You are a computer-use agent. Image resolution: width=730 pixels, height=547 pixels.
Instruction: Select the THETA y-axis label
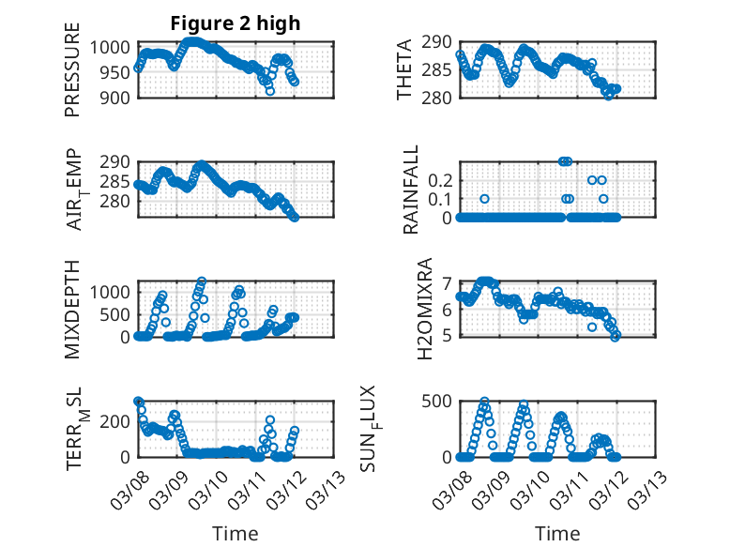405,70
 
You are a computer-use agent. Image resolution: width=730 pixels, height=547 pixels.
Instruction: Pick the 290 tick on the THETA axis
438,42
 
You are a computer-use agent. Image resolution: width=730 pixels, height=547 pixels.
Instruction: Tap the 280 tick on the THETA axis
438,97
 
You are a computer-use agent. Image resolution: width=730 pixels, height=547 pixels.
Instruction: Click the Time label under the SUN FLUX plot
557,534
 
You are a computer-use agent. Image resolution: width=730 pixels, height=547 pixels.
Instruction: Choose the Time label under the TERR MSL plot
236,534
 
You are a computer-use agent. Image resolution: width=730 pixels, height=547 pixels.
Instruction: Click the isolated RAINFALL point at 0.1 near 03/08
484,199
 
